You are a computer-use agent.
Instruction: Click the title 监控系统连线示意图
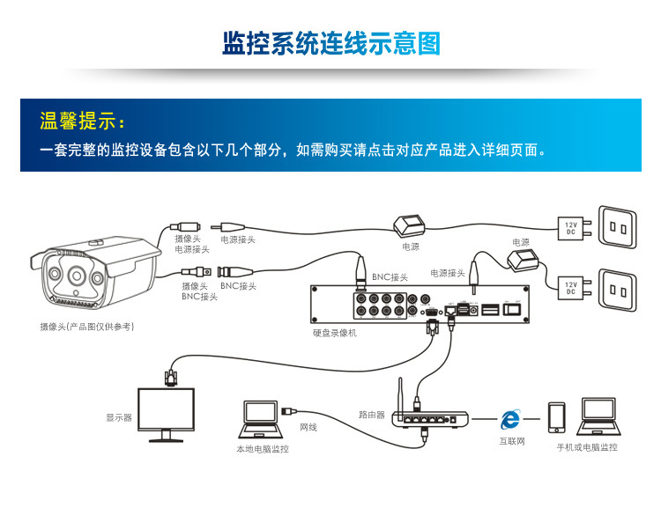coord(330,44)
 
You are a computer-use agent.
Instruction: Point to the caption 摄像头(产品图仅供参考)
coord(86,327)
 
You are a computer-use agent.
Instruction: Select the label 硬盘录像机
coord(335,334)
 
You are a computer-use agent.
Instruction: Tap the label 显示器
coord(119,417)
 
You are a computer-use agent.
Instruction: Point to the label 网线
coord(308,427)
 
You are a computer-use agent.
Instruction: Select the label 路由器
coord(371,414)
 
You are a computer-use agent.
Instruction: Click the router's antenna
coord(397,396)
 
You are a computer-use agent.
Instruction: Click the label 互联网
coord(511,441)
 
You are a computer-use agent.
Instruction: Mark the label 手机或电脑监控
coord(587,447)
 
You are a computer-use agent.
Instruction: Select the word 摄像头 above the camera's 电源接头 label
coord(187,238)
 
